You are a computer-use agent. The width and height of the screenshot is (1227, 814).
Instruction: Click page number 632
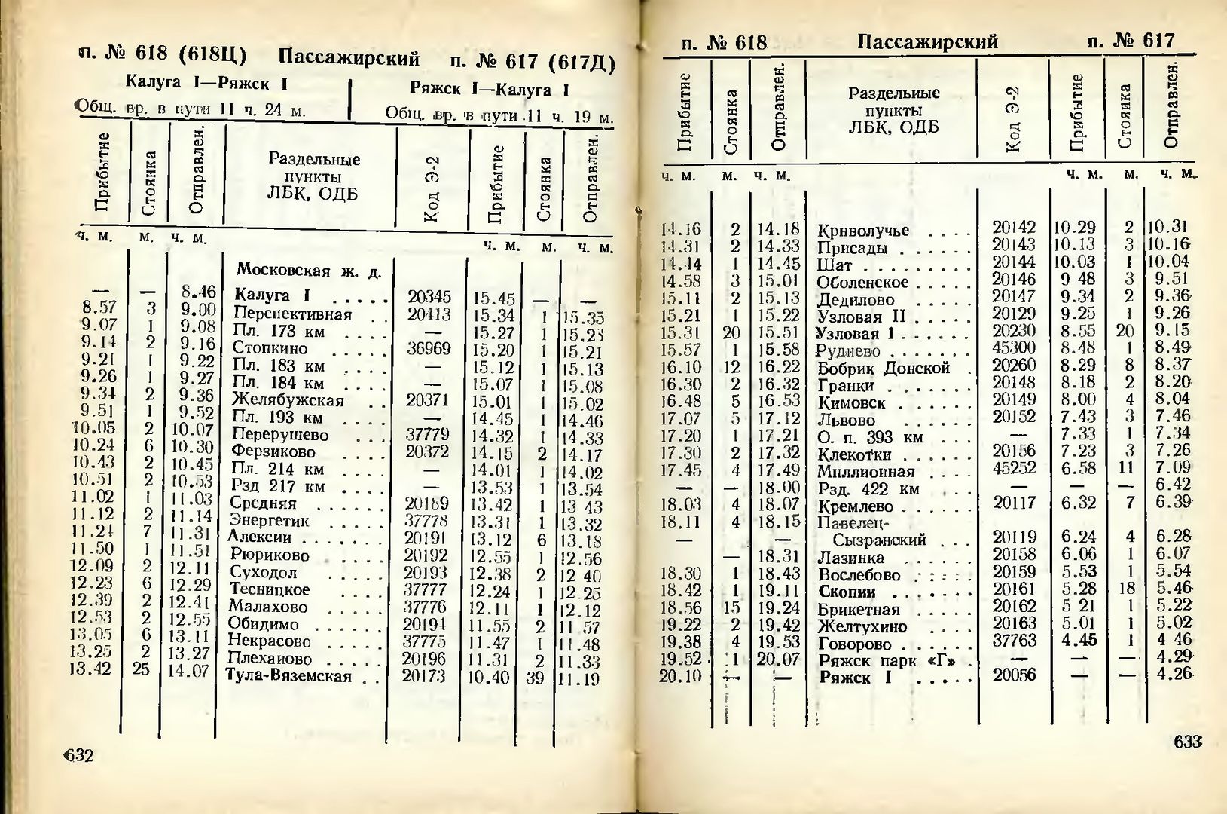click(x=79, y=754)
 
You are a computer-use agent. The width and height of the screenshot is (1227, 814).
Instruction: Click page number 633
click(x=1187, y=742)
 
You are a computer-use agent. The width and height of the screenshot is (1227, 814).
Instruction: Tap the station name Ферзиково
click(x=273, y=452)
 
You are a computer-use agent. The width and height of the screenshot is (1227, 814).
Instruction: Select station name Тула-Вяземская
click(x=289, y=675)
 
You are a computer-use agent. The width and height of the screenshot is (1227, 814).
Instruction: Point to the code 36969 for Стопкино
click(x=428, y=348)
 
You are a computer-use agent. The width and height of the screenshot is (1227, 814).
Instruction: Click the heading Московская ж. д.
click(x=309, y=271)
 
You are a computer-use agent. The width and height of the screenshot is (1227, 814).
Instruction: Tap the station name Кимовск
click(x=851, y=403)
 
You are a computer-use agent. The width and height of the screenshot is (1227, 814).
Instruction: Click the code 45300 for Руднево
click(x=1013, y=348)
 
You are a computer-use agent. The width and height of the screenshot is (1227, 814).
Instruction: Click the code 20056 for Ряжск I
click(x=1014, y=675)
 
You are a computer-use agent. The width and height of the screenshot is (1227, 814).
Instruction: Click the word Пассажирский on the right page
click(x=927, y=41)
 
